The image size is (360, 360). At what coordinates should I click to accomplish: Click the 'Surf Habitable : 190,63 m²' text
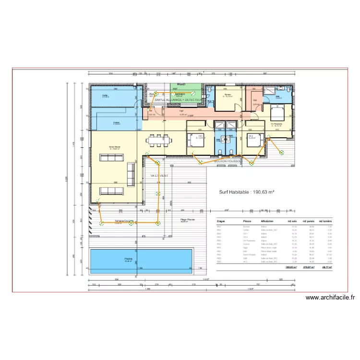pos(247,191)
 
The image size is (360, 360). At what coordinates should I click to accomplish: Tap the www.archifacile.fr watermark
pos(331,298)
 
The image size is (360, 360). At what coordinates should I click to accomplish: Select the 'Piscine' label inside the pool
pos(128,260)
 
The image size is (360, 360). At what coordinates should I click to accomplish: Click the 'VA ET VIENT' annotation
pos(159,176)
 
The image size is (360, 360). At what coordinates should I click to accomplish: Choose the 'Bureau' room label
pos(228,95)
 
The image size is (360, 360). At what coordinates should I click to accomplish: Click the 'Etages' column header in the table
pos(221,222)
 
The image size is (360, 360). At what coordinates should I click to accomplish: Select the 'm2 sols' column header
pos(291,222)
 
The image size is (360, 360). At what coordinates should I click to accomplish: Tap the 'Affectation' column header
pos(267,222)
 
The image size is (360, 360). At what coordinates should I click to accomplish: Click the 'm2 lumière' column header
pos(327,222)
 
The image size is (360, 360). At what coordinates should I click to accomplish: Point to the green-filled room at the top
pos(180,91)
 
